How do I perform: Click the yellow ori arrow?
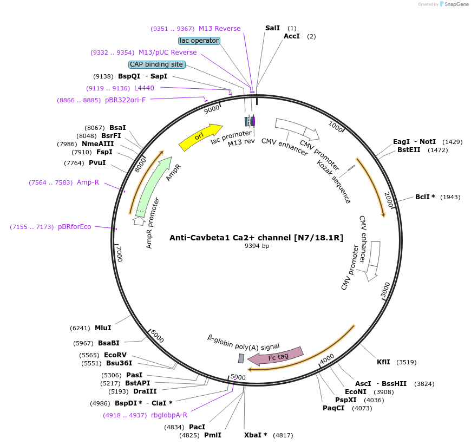click(x=200, y=138)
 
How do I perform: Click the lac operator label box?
click(x=199, y=41)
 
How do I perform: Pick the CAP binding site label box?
click(x=156, y=64)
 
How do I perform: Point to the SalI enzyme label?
click(x=273, y=28)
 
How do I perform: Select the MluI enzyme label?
click(x=103, y=328)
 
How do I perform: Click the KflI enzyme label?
click(x=383, y=362)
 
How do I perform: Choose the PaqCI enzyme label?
click(x=333, y=408)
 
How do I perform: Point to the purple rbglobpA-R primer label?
click(x=169, y=415)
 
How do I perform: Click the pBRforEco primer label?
click(x=75, y=227)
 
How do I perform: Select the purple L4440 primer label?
click(x=144, y=88)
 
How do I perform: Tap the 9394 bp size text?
click(x=257, y=246)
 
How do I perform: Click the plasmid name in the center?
click(x=257, y=237)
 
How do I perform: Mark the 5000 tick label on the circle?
click(x=238, y=377)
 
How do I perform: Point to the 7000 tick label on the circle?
click(x=120, y=253)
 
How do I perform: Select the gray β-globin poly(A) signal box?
click(x=241, y=358)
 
